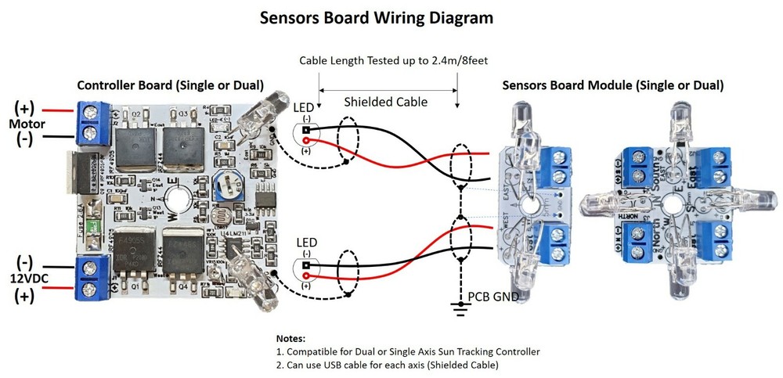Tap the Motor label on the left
pos(26,124)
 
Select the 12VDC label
pos(27,278)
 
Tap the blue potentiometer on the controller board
pos(226,185)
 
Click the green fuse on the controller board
pos(93,226)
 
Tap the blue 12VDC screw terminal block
pos(92,279)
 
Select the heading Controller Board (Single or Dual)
pos(169,85)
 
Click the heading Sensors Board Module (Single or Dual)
pos(612,85)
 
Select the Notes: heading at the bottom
pos(291,338)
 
